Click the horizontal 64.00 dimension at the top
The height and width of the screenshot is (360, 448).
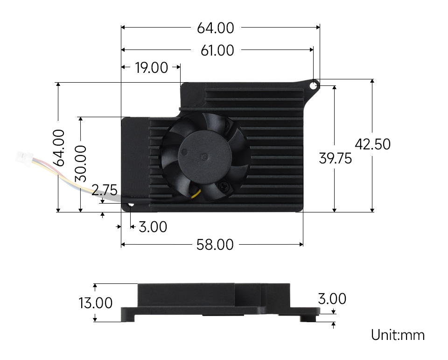coord(215,28)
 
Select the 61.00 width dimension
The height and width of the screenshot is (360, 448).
coord(217,50)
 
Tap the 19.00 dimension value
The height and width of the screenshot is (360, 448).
coord(151,68)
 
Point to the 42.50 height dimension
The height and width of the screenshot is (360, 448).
coord(372,144)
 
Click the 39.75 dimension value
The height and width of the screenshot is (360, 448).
coord(335,159)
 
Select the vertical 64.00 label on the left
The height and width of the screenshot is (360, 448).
coord(59,148)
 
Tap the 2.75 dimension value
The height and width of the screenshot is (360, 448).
coord(104,191)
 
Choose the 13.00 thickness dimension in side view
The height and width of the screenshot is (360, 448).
coord(96,303)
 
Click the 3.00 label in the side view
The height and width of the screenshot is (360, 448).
coord(332,299)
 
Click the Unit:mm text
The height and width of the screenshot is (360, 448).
coord(398,335)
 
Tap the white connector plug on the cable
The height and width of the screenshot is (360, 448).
coord(23,158)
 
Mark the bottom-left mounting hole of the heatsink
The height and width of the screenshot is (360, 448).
coord(130,205)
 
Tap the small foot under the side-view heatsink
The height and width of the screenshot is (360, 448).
coord(308,319)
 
